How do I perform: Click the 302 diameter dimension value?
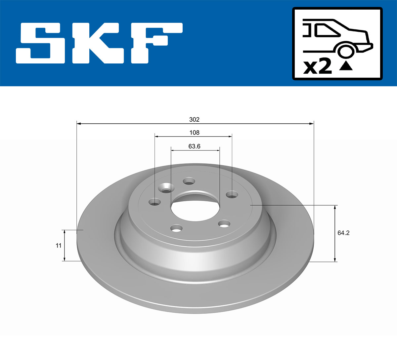point(194,119)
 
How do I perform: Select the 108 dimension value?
point(194,133)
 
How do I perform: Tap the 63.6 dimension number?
point(194,146)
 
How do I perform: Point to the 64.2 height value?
point(343,233)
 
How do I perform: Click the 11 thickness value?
point(59,245)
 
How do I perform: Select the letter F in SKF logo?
point(155,43)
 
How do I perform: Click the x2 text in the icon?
point(318,67)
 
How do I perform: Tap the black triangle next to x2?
point(346,66)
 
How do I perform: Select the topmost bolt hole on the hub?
point(189,181)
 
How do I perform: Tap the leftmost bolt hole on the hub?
point(154,202)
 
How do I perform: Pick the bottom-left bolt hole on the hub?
point(177,228)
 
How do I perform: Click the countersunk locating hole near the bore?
point(166,189)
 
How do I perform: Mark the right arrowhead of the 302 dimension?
point(311,124)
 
